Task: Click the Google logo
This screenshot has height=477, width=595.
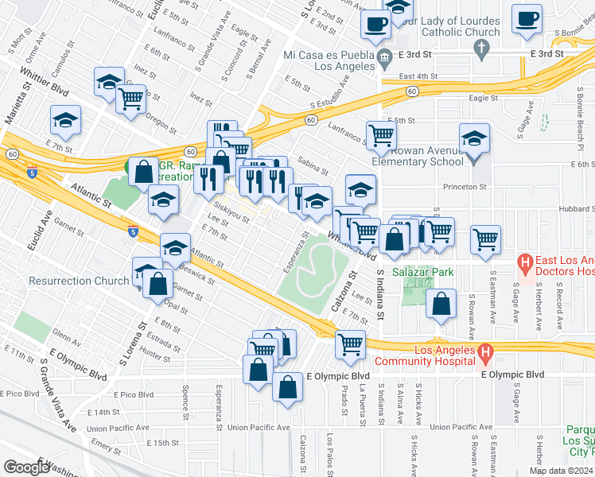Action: tap(25, 467)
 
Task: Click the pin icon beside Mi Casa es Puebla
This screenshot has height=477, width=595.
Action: tap(385, 56)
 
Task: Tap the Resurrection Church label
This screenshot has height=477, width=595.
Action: tap(78, 281)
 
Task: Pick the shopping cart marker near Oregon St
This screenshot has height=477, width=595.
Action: tap(130, 99)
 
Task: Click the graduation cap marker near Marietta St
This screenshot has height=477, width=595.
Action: tap(65, 119)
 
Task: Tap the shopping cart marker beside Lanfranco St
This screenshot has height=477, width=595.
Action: tap(381, 134)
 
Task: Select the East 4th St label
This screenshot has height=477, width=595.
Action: tap(419, 76)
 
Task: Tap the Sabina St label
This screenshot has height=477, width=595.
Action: tap(313, 165)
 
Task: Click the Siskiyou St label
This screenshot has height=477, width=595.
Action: tap(231, 215)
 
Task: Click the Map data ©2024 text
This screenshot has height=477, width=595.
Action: tap(560, 471)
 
